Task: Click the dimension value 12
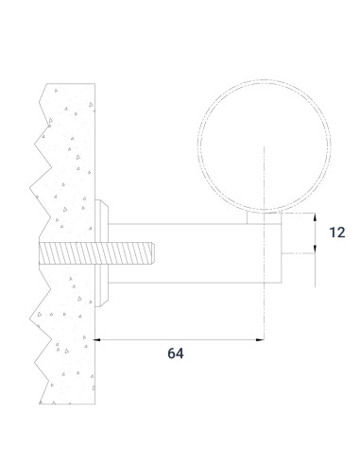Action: point(337,232)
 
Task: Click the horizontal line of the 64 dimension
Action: point(180,338)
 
